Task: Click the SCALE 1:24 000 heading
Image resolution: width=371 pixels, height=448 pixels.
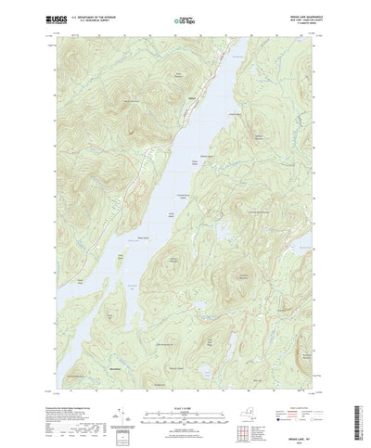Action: click(x=185, y=391)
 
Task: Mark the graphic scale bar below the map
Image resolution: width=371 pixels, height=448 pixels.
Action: click(x=185, y=401)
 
